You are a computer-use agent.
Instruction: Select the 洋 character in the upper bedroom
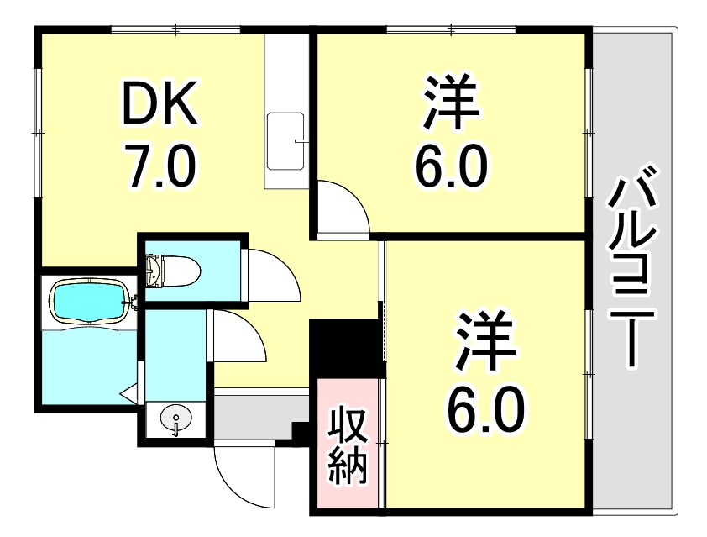tap(450, 104)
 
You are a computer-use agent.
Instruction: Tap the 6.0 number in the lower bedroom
tap(489, 406)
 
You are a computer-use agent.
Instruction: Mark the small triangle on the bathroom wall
tap(128, 392)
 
